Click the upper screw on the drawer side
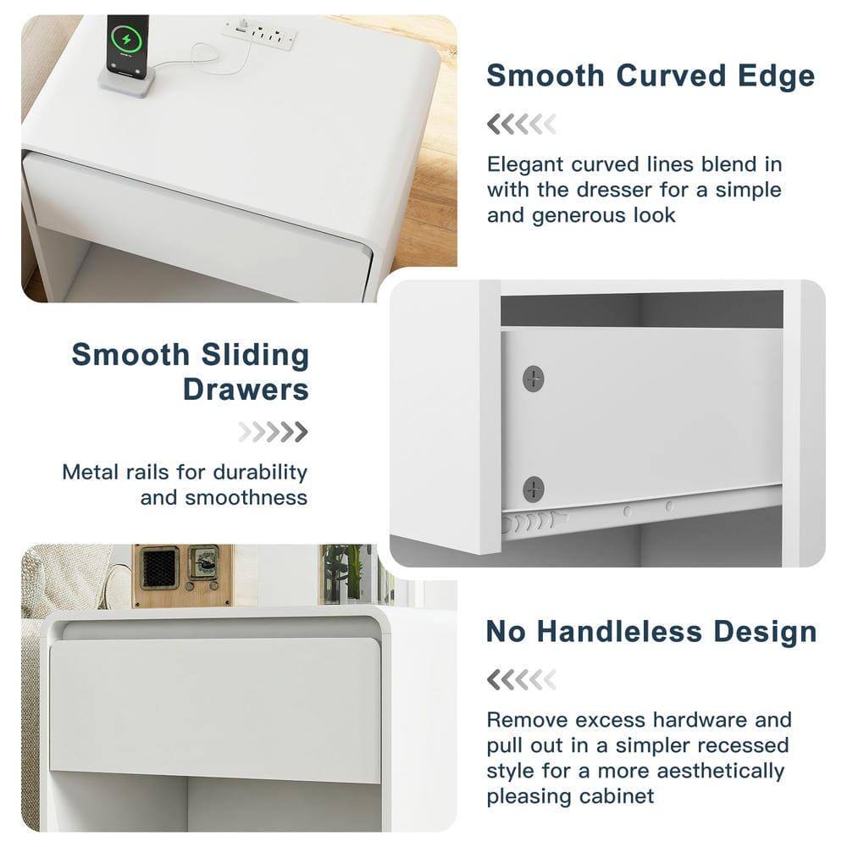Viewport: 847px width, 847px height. (534, 378)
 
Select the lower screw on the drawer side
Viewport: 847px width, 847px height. (534, 488)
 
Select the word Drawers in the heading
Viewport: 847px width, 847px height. (246, 390)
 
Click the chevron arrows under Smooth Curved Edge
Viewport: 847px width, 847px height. (521, 125)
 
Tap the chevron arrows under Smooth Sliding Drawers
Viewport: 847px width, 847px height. (273, 433)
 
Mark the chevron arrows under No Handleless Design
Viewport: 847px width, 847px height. (521, 679)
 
